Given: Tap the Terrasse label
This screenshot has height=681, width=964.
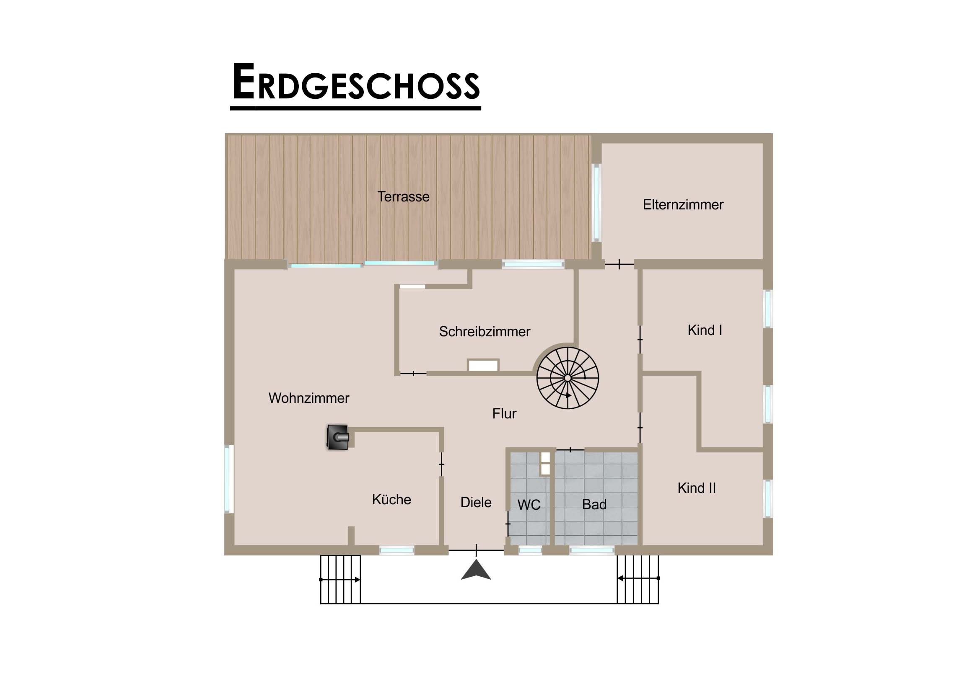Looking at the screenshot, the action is pyautogui.click(x=403, y=196).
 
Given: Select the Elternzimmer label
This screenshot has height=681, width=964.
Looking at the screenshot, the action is pyautogui.click(x=683, y=204).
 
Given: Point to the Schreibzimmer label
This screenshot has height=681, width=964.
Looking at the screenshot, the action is pyautogui.click(x=485, y=331).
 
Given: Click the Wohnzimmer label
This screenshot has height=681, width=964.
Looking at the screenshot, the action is pyautogui.click(x=308, y=398).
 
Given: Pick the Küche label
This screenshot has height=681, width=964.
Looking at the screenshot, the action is pyautogui.click(x=391, y=499).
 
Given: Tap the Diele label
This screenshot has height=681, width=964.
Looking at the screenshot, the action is pyautogui.click(x=476, y=502).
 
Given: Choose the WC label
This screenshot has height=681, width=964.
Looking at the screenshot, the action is pyautogui.click(x=529, y=505).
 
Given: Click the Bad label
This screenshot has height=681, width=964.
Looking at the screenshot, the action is pyautogui.click(x=594, y=504).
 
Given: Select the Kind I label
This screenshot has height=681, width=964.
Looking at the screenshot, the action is pyautogui.click(x=705, y=330).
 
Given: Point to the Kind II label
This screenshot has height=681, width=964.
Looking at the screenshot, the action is pyautogui.click(x=697, y=488).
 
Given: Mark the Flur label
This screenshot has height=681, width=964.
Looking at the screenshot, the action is pyautogui.click(x=504, y=414).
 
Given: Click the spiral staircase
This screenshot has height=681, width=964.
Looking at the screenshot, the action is pyautogui.click(x=568, y=378).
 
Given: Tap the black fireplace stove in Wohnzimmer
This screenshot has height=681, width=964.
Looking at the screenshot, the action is pyautogui.click(x=337, y=438).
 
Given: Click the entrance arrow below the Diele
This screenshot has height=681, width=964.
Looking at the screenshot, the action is pyautogui.click(x=476, y=570).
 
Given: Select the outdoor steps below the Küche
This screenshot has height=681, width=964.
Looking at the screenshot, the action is pyautogui.click(x=340, y=580).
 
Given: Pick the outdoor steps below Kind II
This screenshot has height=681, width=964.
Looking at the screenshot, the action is pyautogui.click(x=638, y=579).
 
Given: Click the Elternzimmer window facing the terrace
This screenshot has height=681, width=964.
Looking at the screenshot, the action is pyautogui.click(x=596, y=203).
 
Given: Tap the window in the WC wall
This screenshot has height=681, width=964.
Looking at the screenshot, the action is pyautogui.click(x=530, y=550).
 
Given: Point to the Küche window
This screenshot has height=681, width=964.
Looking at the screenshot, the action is pyautogui.click(x=397, y=550).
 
